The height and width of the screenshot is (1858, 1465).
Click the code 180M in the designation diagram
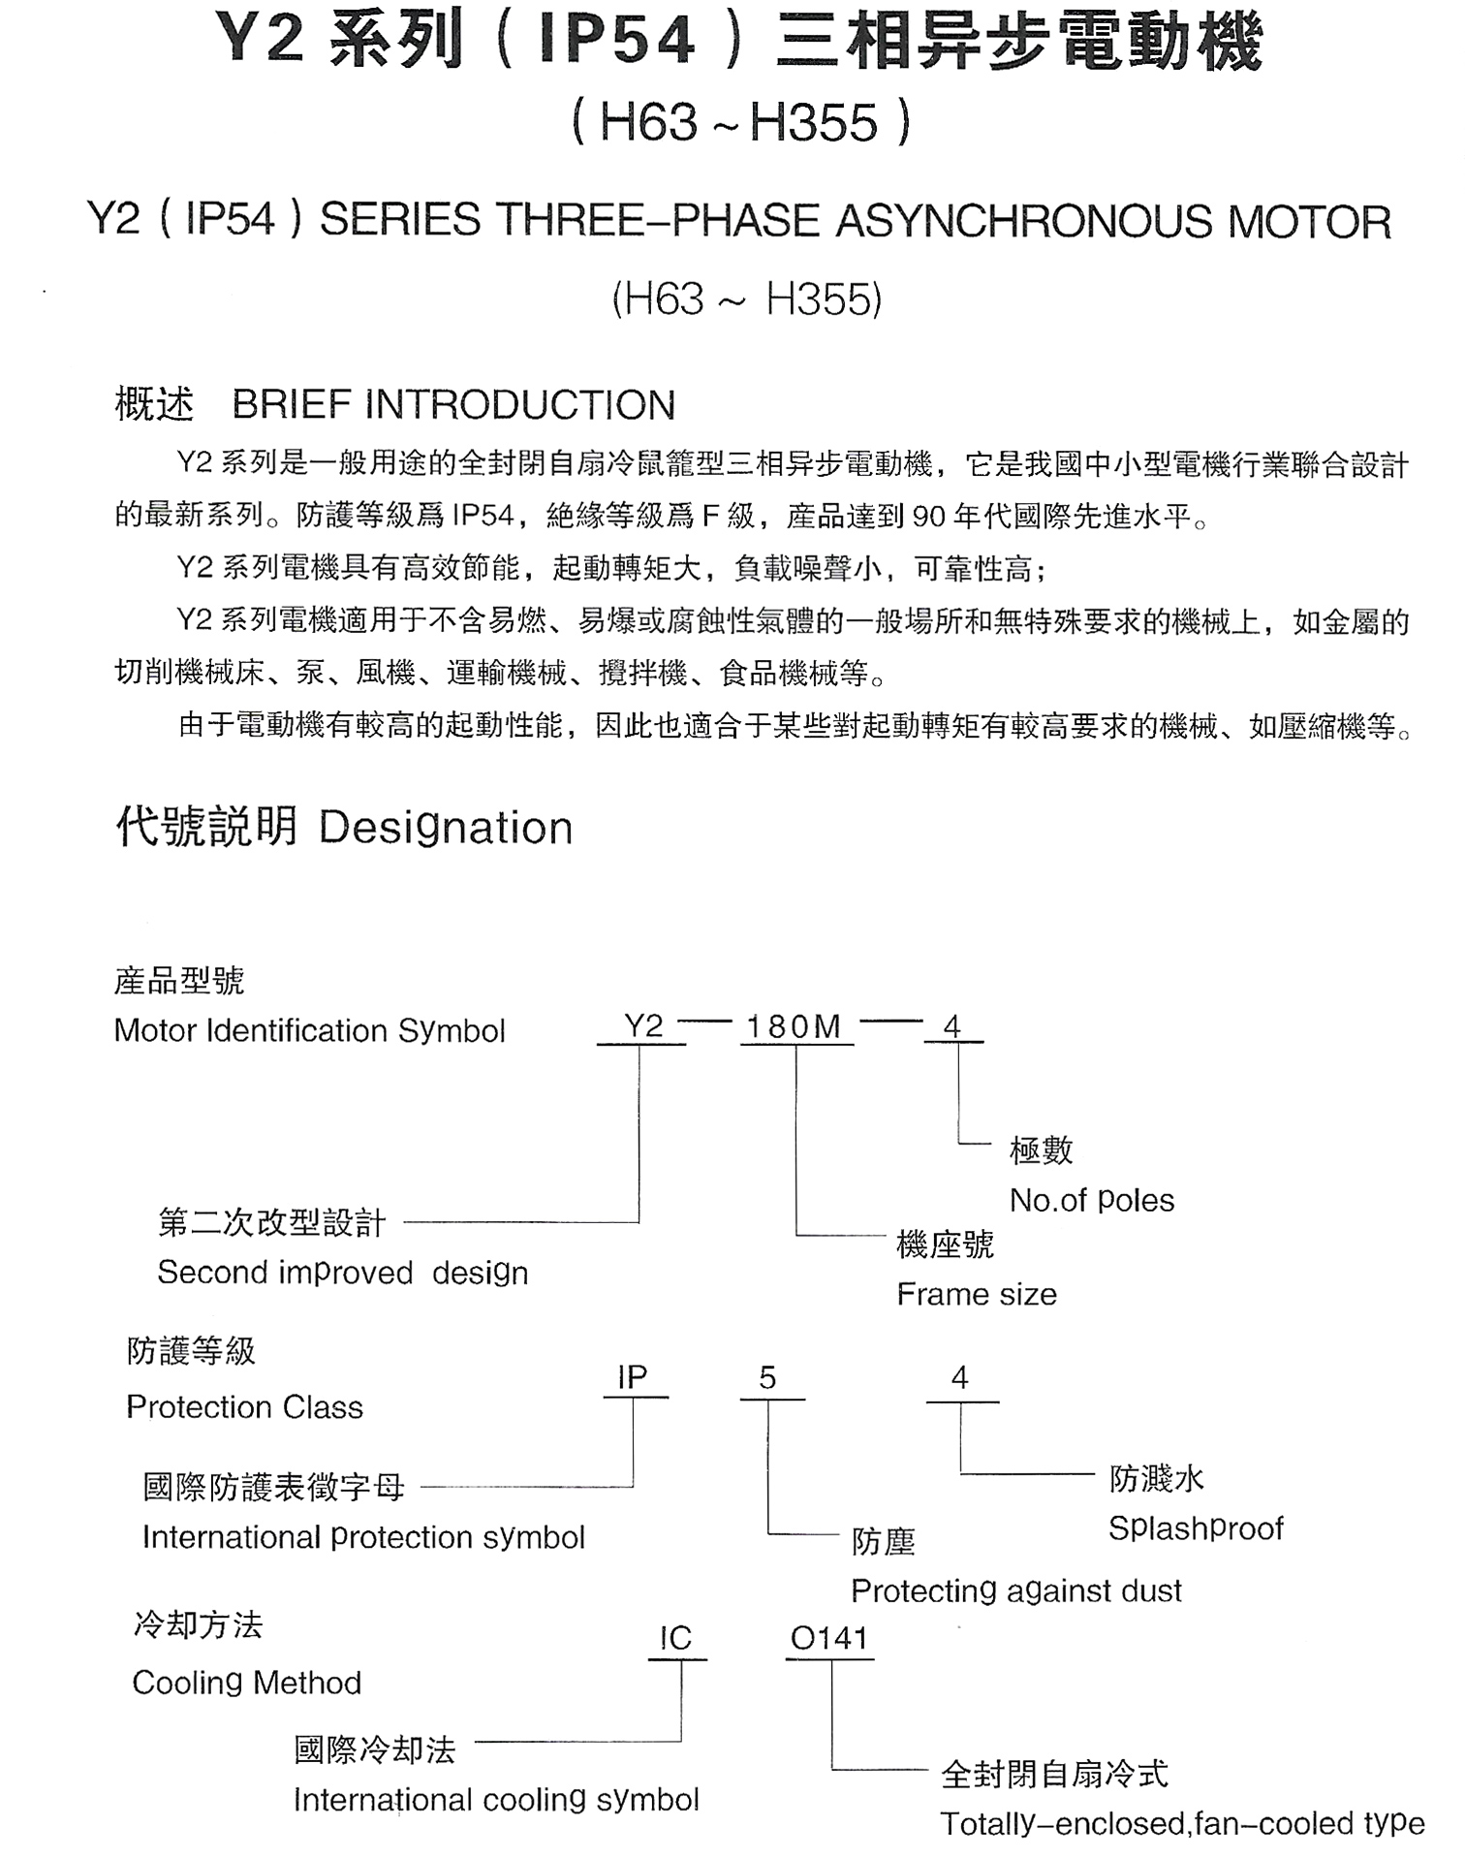pos(794,1026)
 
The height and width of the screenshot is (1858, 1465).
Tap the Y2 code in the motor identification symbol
pos(643,1025)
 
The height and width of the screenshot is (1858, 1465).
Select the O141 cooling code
pos(829,1638)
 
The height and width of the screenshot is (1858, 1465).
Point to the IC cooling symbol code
pos(675,1638)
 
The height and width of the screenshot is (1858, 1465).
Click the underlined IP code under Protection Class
pos(633,1377)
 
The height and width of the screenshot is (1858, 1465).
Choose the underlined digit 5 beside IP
pos(768,1377)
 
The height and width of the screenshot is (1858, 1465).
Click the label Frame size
pos(977,1294)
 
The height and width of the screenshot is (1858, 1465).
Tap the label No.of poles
pos(1092,1201)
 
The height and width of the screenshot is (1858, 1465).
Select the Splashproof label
pos(1196,1528)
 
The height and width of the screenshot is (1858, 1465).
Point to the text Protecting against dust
pos(1016,1590)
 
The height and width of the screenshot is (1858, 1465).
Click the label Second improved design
pos(343,1273)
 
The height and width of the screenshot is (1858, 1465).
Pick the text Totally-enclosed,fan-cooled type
pos(1182,1824)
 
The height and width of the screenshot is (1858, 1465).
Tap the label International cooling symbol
pos(496,1800)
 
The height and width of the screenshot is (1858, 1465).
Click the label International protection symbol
pos(363,1537)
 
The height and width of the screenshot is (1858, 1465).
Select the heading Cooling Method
pos(247,1683)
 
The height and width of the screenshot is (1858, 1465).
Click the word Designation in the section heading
pos(446,828)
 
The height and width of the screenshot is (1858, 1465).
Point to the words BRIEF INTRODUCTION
pos(453,405)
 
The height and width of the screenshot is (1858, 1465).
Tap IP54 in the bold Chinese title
pos(617,41)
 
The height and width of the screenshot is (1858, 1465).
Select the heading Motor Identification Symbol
pos(310,1030)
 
